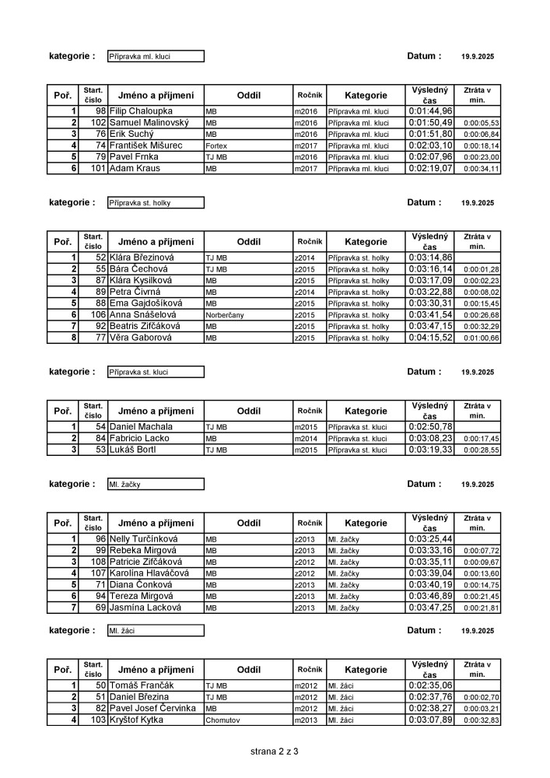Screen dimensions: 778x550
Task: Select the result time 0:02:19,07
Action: pyautogui.click(x=430, y=168)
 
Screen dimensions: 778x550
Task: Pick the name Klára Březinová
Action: pyautogui.click(x=142, y=258)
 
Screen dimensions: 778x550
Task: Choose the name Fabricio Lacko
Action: pyautogui.click(x=139, y=439)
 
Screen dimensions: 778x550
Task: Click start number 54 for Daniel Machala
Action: pyautogui.click(x=100, y=427)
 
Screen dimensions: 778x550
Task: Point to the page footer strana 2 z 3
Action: pyautogui.click(x=275, y=752)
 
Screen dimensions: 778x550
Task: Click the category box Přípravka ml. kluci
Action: pyautogui.click(x=156, y=57)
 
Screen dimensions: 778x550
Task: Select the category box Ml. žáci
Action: pyautogui.click(x=156, y=630)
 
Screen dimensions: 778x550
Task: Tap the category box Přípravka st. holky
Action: pyautogui.click(x=156, y=203)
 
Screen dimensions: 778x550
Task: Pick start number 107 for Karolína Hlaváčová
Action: pyautogui.click(x=98, y=573)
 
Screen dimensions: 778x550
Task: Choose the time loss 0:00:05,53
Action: pyautogui.click(x=482, y=123)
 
